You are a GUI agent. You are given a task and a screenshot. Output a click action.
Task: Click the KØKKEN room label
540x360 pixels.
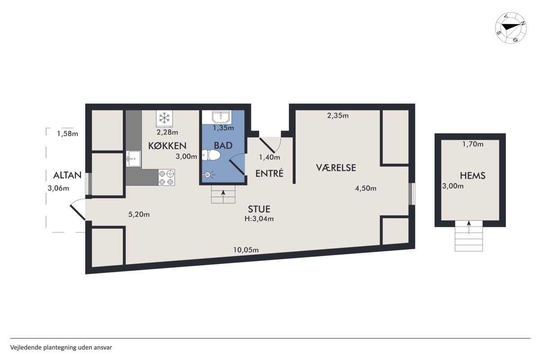[x=167, y=146]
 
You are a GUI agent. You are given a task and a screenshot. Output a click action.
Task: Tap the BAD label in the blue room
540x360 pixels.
[x=223, y=145]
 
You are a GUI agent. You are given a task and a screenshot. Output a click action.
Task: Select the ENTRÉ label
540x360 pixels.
[x=269, y=173]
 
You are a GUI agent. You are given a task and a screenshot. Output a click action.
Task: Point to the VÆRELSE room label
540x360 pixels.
[x=336, y=167]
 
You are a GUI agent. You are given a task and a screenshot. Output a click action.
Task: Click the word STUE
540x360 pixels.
[x=259, y=209]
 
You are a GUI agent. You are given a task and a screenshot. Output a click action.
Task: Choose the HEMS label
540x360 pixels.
[x=472, y=175]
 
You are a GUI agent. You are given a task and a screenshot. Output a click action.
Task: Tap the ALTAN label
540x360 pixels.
[x=67, y=175]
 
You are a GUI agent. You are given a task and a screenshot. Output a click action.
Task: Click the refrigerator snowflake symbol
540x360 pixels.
[x=164, y=118]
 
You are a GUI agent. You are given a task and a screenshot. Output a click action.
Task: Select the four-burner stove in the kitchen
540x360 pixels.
[x=166, y=177]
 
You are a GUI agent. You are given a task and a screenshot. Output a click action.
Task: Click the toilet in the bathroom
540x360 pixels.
[x=211, y=155]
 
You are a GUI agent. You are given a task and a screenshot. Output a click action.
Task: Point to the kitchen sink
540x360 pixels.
[x=133, y=159]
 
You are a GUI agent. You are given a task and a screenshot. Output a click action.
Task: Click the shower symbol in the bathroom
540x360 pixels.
[x=208, y=175]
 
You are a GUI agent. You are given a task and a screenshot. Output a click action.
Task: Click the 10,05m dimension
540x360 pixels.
[x=246, y=250]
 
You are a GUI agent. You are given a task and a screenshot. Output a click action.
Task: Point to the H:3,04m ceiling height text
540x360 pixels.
[x=259, y=219]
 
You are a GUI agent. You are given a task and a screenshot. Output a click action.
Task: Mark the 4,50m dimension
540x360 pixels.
[x=365, y=188]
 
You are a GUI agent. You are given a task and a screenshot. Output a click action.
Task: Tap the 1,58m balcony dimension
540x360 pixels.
[x=67, y=133]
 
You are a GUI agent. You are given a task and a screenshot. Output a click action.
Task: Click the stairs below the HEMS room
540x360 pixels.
[x=468, y=236]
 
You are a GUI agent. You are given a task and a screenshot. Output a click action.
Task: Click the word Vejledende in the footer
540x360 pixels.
[x=26, y=347]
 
